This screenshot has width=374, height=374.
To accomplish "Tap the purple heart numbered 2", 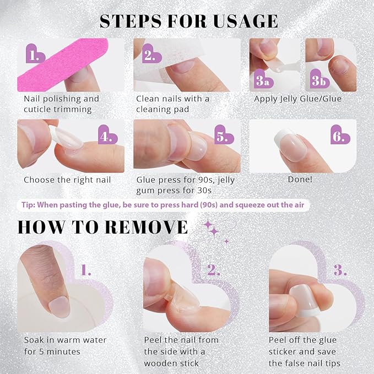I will coord(150,54).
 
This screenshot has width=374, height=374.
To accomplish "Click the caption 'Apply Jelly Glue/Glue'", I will coord(297,99).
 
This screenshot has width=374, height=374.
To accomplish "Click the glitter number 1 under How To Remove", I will coord(86,270).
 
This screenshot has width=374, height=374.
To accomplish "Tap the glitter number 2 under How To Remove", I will coord(214,270).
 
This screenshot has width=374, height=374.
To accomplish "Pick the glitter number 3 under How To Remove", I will coord(340,270).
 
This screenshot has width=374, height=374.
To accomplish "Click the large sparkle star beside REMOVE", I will coord(209,225).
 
